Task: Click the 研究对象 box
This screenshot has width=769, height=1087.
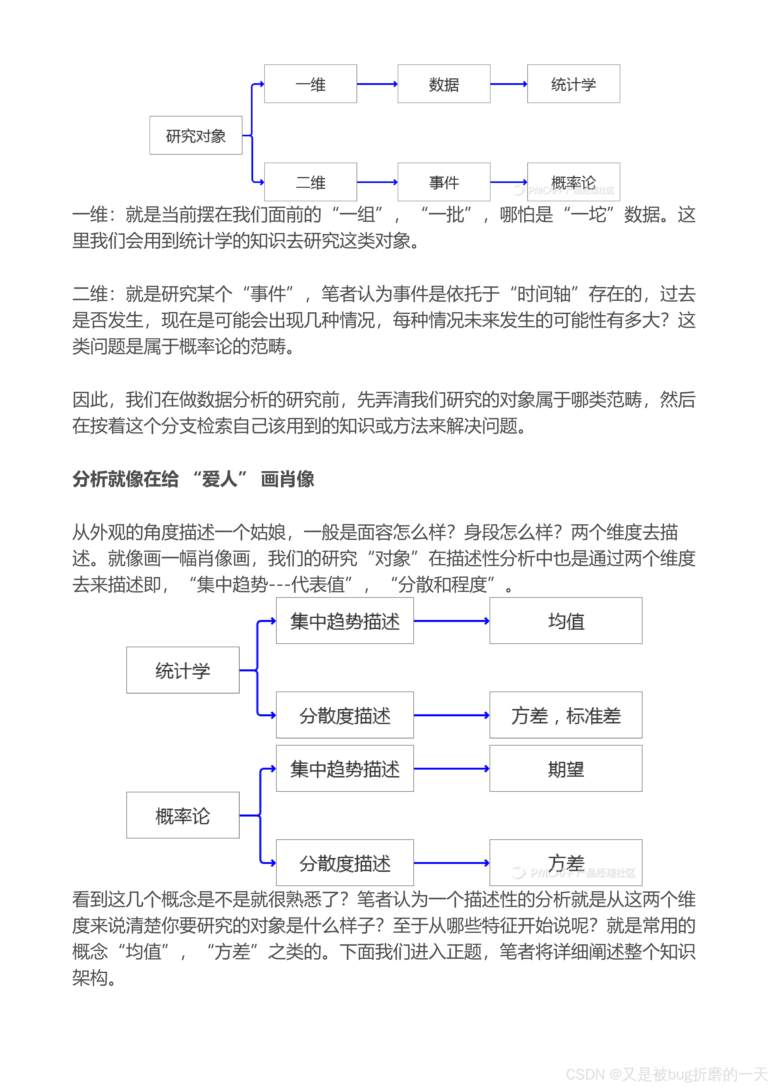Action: (196, 136)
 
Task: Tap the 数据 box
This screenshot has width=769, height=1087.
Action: (444, 84)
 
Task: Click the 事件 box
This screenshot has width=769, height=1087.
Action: (444, 182)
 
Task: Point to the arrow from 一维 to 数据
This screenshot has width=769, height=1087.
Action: (377, 84)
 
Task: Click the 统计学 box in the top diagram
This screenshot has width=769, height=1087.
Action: (573, 84)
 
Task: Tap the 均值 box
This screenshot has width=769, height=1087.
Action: (566, 621)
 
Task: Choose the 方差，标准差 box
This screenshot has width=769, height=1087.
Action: (566, 715)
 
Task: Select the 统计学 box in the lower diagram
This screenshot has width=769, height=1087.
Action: (183, 670)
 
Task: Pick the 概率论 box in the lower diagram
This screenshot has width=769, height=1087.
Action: (183, 815)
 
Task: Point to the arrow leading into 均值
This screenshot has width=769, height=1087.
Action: (451, 621)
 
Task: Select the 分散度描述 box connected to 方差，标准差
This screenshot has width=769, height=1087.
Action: (345, 715)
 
